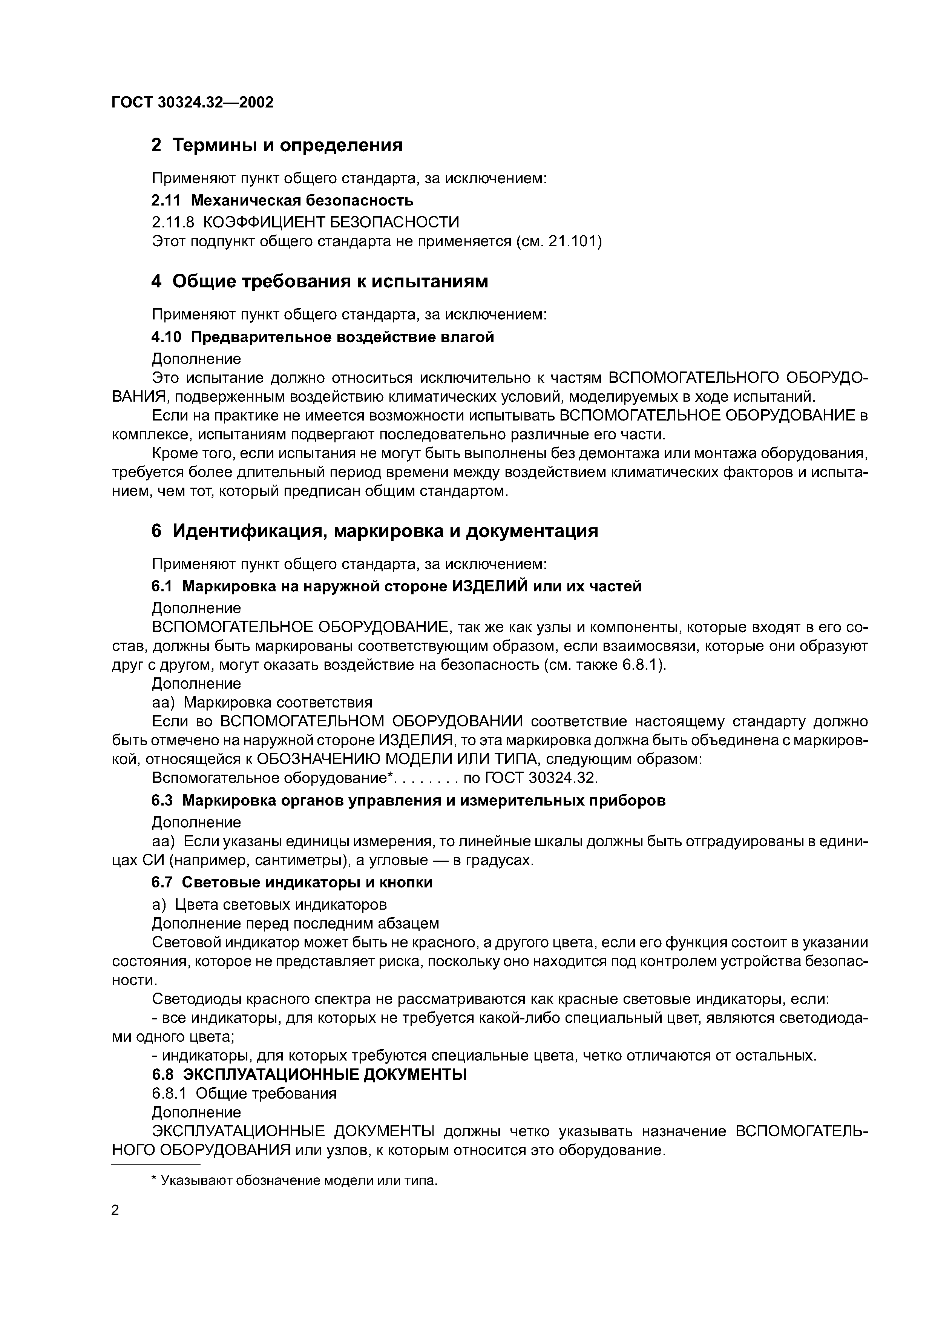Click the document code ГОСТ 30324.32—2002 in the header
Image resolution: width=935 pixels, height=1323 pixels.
[x=192, y=103]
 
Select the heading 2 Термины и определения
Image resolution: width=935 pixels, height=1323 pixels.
[x=276, y=145]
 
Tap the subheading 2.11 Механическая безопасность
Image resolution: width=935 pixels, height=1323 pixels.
[x=282, y=201]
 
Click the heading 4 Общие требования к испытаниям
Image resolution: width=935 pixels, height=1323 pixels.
[x=320, y=281]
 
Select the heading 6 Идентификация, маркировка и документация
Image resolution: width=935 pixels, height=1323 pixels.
[x=374, y=531]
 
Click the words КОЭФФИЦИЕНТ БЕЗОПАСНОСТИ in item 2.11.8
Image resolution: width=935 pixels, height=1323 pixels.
[x=331, y=222]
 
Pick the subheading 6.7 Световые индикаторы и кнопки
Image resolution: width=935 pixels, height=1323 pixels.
[x=292, y=882]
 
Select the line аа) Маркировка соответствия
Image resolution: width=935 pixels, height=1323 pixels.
[x=262, y=702]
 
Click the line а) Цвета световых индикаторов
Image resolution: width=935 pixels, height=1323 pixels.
[x=269, y=904]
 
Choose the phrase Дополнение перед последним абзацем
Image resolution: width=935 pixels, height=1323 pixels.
[x=295, y=923]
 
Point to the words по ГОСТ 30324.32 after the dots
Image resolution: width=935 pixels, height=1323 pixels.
[x=530, y=778]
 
